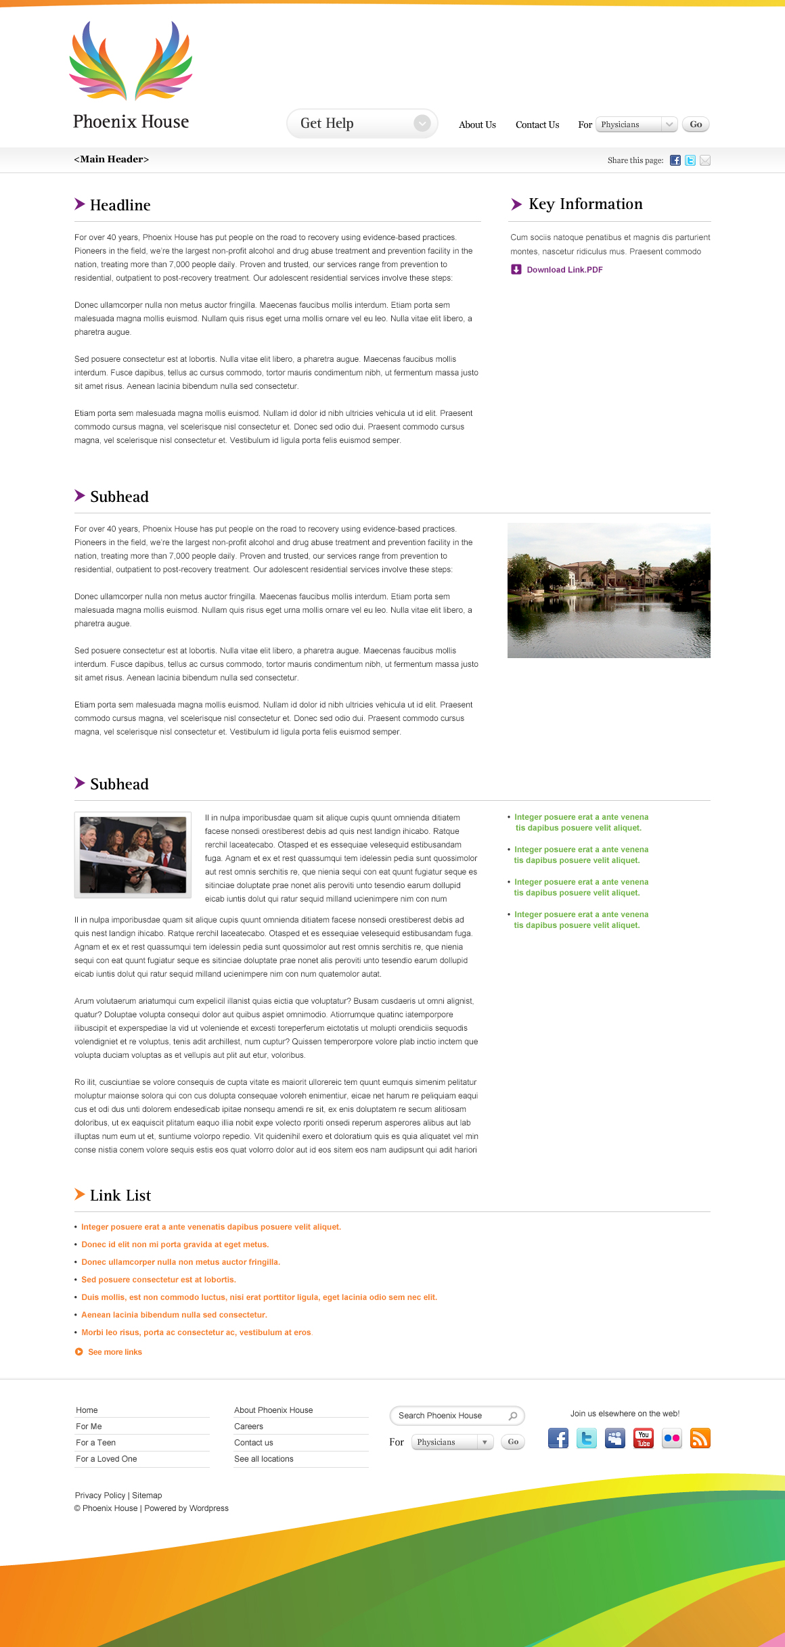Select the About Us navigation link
[477, 125]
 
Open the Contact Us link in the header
[537, 125]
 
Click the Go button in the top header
[696, 124]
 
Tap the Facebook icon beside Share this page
[675, 160]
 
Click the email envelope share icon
[705, 160]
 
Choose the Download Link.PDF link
[564, 270]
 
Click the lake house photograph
[608, 590]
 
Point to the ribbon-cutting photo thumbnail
[133, 855]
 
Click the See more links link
[114, 1352]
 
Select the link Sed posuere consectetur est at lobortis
[158, 1280]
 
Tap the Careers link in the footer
[248, 1426]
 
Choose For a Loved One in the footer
[106, 1459]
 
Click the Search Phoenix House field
[450, 1416]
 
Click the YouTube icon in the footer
[644, 1439]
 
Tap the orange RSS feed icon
[700, 1439]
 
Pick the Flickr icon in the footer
[672, 1439]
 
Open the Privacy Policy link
[100, 1495]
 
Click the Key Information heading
[585, 204]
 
